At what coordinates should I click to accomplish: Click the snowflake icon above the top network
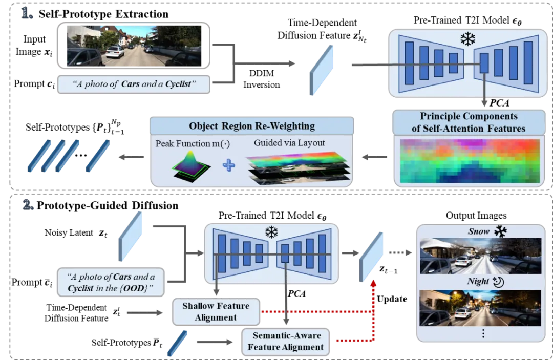pos(467,39)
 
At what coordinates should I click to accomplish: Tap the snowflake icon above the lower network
pos(271,232)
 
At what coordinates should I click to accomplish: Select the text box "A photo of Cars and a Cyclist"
pos(134,84)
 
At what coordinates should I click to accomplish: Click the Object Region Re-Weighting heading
pos(251,126)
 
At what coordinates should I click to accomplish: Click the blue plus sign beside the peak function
pos(228,165)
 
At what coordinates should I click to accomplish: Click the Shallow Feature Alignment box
pos(216,311)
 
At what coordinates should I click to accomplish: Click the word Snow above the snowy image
pos(478,231)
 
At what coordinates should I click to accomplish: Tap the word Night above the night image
pos(477,282)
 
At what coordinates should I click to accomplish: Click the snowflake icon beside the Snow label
pos(500,231)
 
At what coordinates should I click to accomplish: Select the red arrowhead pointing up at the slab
pos(374,282)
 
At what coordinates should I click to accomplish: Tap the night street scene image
pos(480,308)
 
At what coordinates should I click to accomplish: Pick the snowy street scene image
pos(480,256)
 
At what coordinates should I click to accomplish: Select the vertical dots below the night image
pos(482,334)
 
